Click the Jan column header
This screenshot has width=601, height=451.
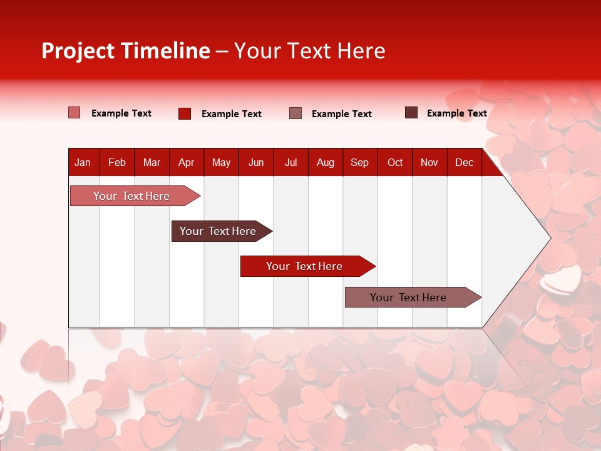pos(83,162)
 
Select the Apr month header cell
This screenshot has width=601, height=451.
pos(186,162)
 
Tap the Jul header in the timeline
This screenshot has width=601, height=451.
pos(290,162)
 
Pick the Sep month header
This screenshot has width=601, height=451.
pos(359,162)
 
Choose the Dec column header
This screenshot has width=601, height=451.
pos(464,162)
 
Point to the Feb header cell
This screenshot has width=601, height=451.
pos(117,162)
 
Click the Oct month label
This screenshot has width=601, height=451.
pos(395,162)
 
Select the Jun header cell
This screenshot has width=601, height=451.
pos(256,162)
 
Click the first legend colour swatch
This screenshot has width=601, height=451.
pos(74,113)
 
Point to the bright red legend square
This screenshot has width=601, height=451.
pos(185,113)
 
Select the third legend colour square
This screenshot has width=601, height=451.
pos(295,113)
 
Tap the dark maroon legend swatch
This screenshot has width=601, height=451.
pos(411,113)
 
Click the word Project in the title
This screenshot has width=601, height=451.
pos(78,51)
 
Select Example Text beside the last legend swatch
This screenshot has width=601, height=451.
pos(456,113)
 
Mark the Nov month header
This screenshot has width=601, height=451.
pos(429,162)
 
